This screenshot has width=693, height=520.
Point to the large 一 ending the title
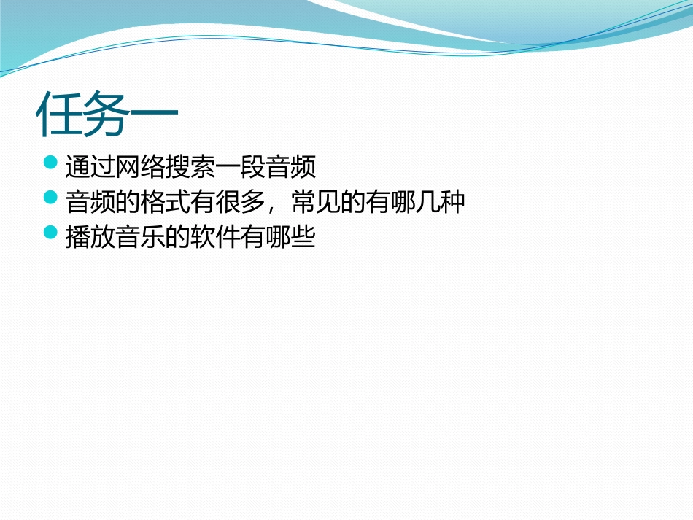(154, 115)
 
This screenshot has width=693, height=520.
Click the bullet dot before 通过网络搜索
(50, 162)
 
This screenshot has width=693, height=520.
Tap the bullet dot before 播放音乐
(50, 232)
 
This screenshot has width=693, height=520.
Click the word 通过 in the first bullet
(88, 168)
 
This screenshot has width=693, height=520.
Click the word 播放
(88, 238)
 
